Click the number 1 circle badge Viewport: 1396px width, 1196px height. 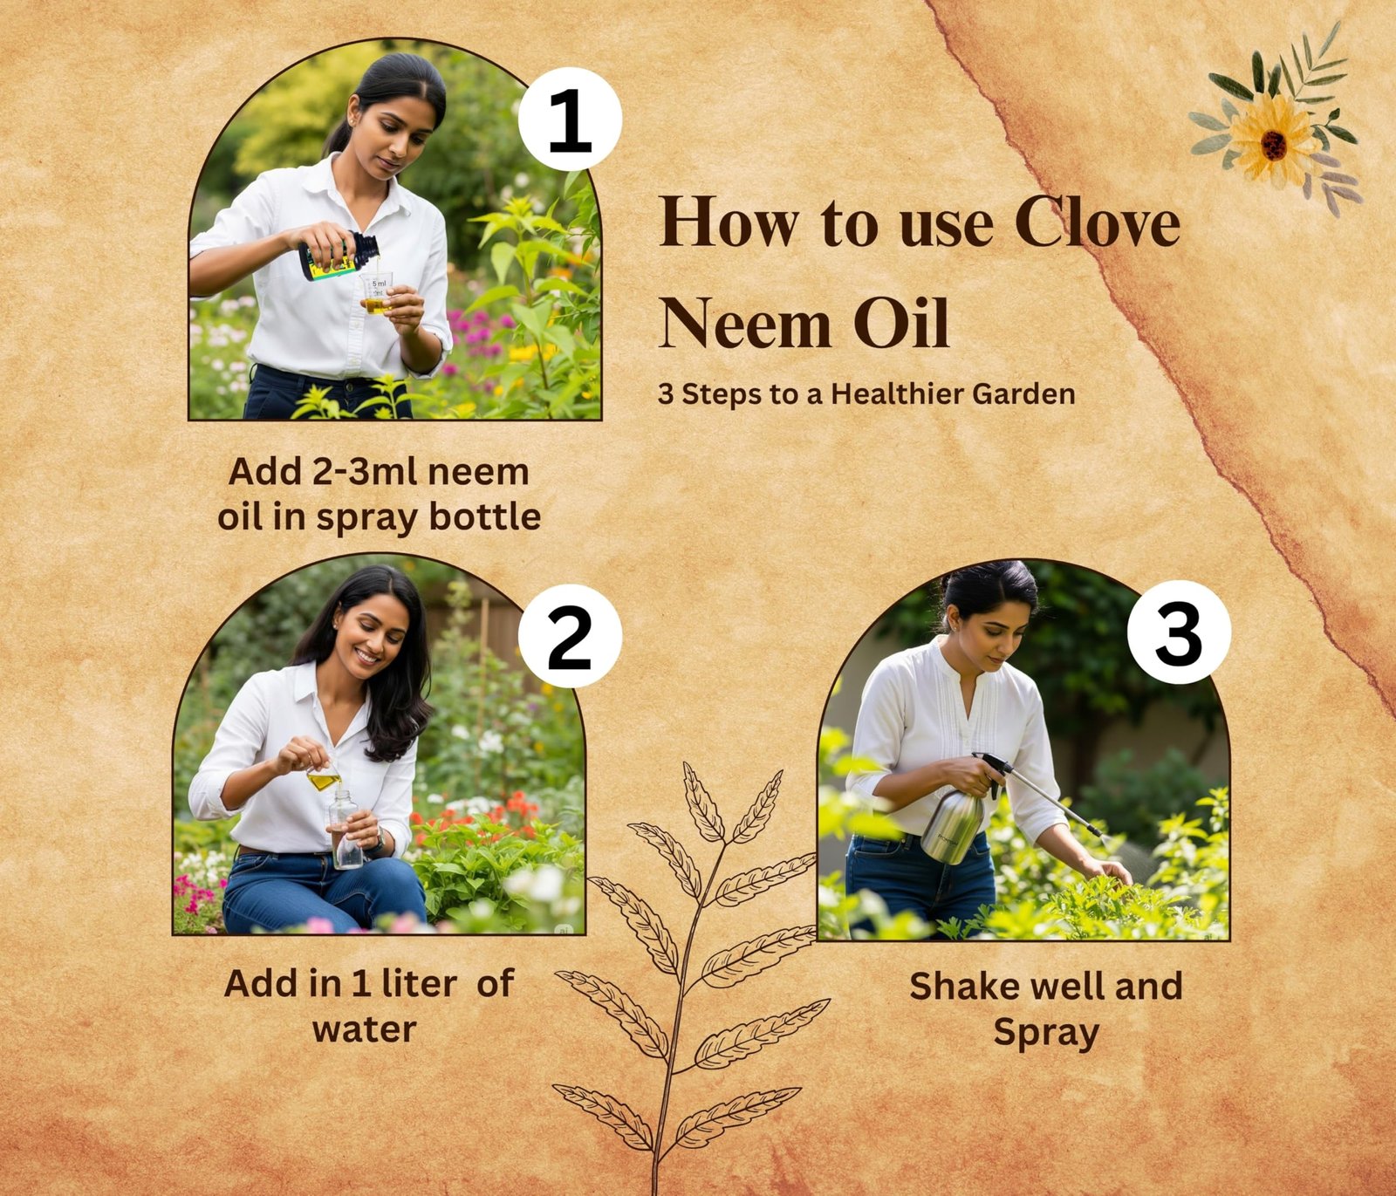point(570,120)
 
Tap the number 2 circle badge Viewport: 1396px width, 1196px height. point(570,637)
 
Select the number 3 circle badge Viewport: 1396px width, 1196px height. point(1179,632)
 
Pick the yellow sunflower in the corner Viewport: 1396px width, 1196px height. point(1274,140)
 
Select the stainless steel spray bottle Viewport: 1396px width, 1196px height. point(953,824)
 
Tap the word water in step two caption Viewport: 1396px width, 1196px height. point(365,1029)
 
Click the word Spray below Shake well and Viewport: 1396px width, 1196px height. point(1046,1034)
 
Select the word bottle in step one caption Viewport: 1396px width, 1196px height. point(485,516)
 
